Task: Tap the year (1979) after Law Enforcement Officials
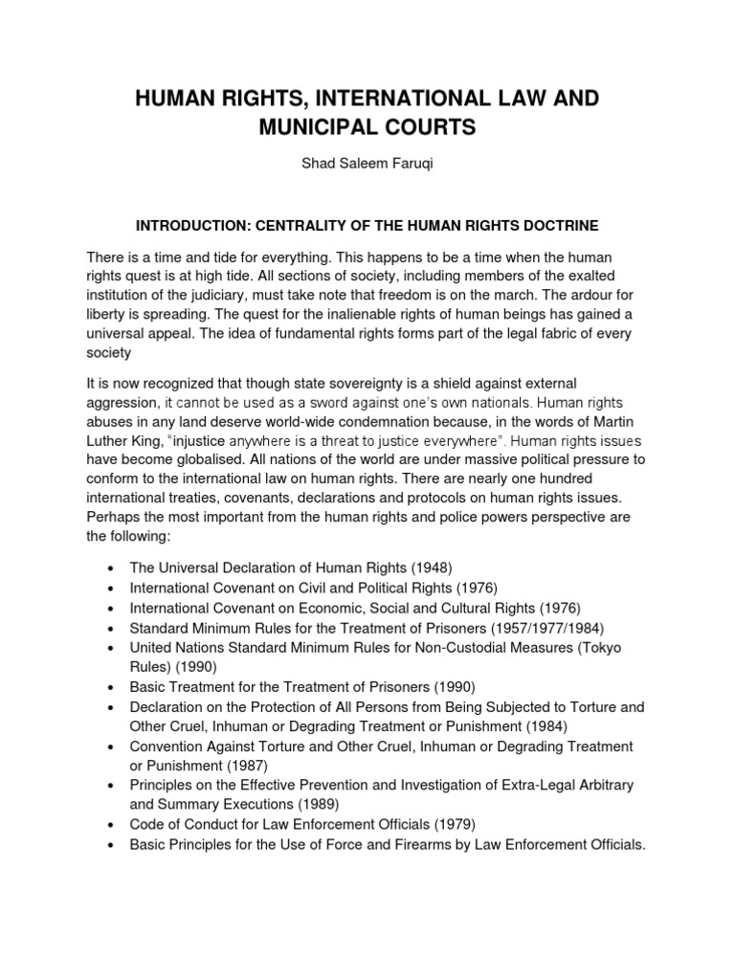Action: click(x=456, y=824)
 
